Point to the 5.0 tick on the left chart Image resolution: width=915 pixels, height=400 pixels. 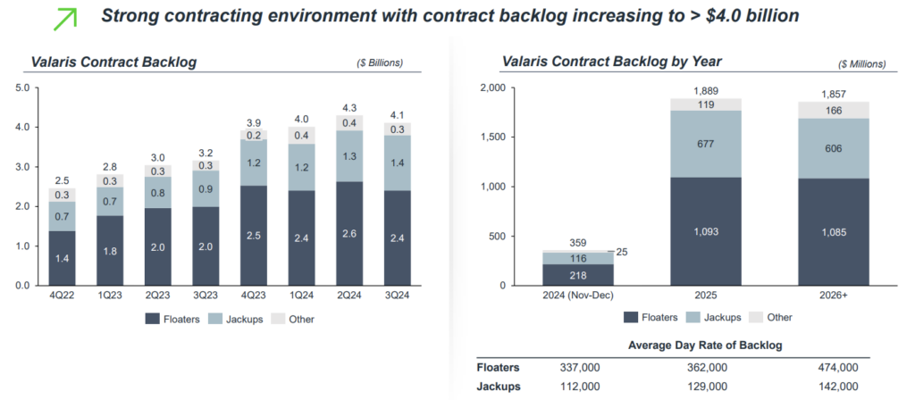coord(23,87)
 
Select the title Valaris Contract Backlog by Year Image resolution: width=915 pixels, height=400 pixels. coord(611,62)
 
